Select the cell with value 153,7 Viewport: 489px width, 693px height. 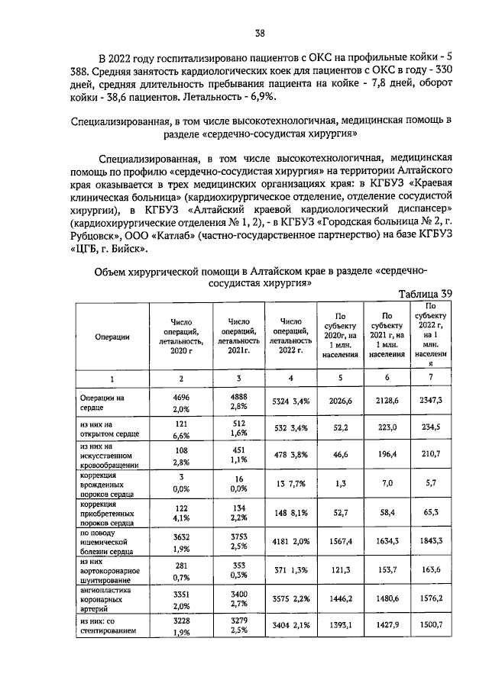tap(387, 569)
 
